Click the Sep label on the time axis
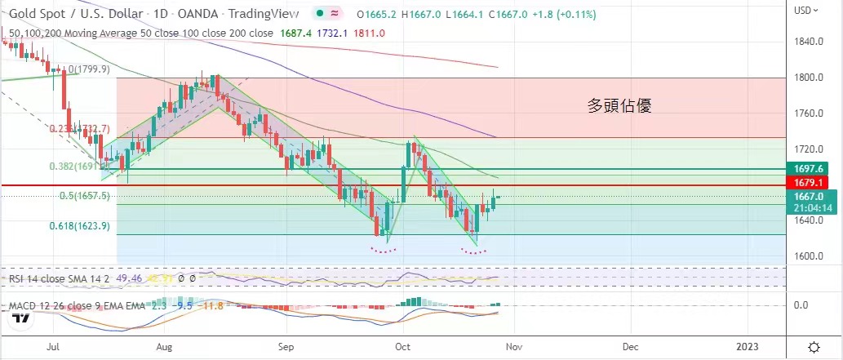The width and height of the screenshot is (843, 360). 285,346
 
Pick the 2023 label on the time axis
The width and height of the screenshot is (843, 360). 748,346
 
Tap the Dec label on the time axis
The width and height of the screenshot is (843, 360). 629,346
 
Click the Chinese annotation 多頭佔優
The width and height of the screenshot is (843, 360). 619,105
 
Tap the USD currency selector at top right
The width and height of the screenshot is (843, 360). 807,11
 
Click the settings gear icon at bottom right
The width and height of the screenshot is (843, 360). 813,346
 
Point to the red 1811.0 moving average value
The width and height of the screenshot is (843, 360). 370,33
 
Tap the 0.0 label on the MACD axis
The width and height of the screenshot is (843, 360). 801,305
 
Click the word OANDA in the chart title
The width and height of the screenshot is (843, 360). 197,15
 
